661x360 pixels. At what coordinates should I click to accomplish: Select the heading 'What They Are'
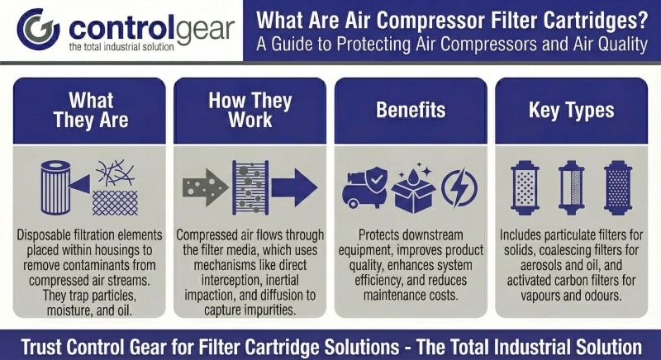coord(91,109)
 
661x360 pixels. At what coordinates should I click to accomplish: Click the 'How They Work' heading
coord(250,109)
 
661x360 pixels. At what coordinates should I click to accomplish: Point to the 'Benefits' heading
coord(411,109)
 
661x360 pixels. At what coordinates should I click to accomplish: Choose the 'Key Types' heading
coord(571,109)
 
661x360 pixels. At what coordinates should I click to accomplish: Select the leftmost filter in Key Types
coord(525,186)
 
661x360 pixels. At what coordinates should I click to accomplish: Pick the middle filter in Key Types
coord(571,186)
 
